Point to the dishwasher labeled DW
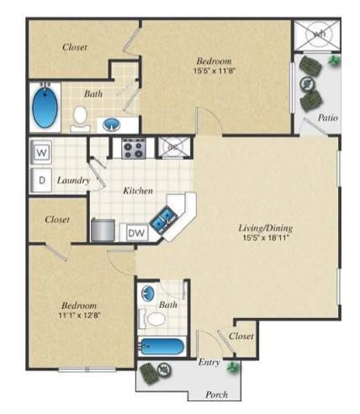(x=135, y=231)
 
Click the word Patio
(x=328, y=119)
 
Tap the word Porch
(x=217, y=395)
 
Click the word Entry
(x=209, y=362)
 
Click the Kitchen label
(x=138, y=191)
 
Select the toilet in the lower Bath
(x=156, y=319)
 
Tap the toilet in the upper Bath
(x=81, y=116)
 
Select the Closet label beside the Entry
(x=242, y=336)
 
